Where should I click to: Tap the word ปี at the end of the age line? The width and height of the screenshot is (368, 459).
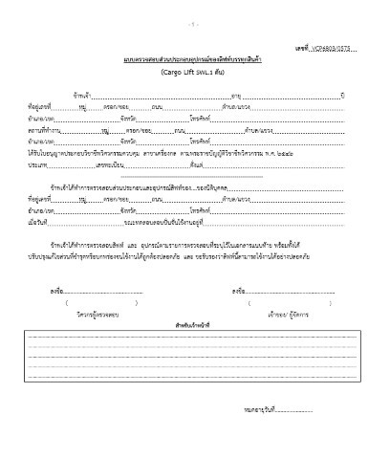pyautogui.click(x=340, y=95)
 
